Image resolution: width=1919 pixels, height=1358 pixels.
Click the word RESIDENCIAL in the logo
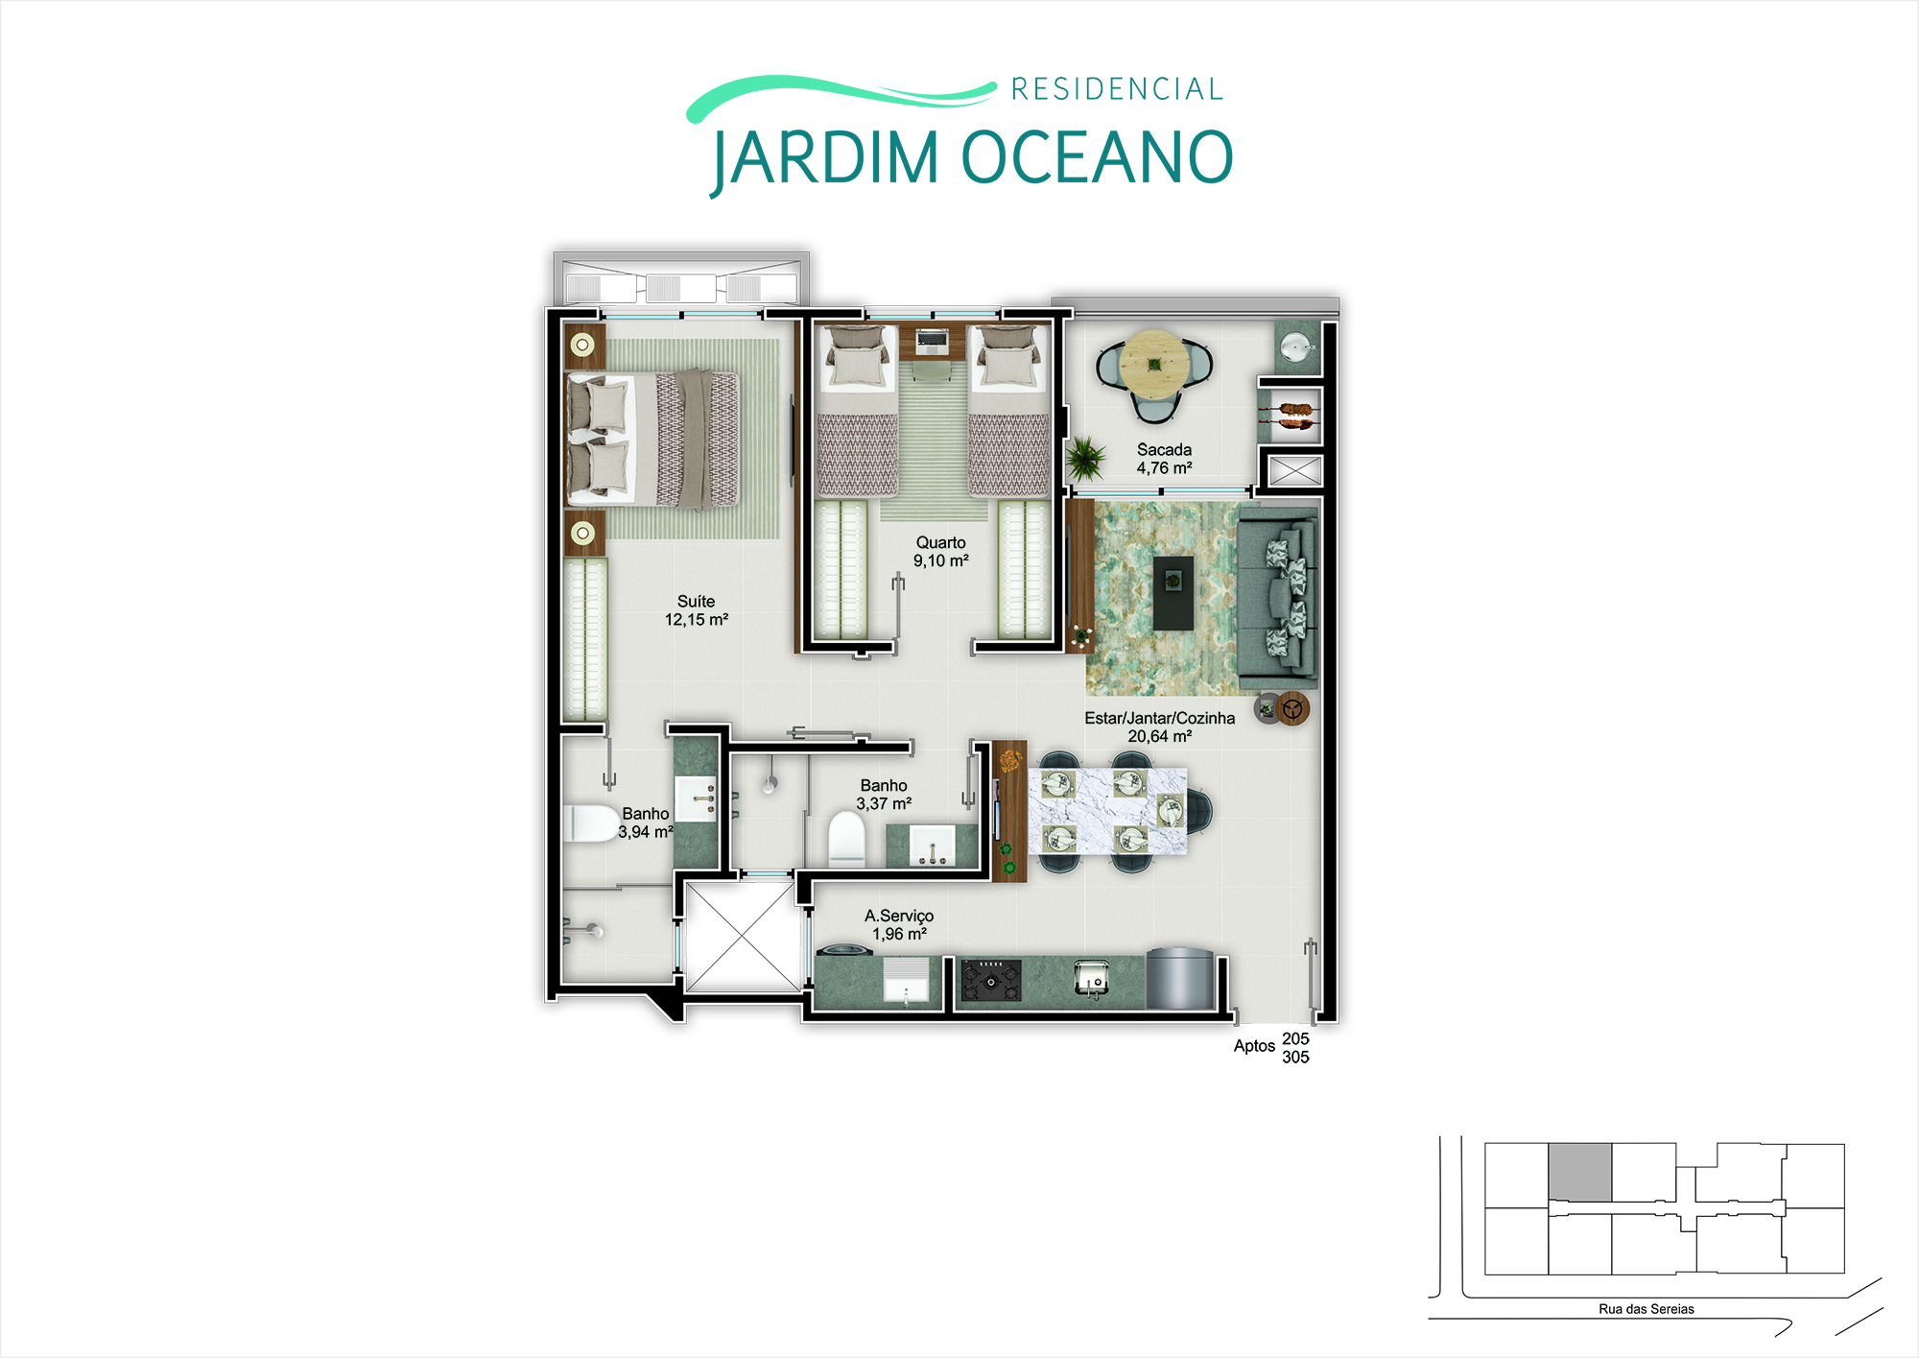click(x=1117, y=89)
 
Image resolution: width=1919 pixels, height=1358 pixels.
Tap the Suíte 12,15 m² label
click(x=697, y=610)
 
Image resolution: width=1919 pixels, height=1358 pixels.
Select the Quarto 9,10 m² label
click(x=940, y=552)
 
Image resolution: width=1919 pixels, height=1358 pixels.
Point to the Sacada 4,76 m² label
click(x=1164, y=459)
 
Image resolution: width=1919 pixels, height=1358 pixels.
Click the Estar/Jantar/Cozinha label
click(x=1159, y=718)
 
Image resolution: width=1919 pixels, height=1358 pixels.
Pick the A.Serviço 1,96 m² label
click(x=899, y=925)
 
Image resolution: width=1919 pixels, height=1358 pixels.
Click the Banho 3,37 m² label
click(x=884, y=795)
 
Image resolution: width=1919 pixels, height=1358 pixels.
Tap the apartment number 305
click(x=1295, y=1058)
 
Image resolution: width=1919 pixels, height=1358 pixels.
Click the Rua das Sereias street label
click(x=1647, y=1309)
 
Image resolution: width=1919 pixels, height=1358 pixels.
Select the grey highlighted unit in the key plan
click(x=1580, y=1172)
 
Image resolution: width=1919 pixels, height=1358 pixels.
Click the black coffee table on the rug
click(x=1173, y=593)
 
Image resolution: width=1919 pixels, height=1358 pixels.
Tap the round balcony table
click(x=1155, y=365)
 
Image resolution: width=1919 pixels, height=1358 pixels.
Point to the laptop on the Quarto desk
click(x=932, y=340)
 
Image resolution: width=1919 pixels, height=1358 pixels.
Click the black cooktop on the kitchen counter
click(x=991, y=981)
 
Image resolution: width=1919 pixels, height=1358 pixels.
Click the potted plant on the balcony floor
click(x=1085, y=458)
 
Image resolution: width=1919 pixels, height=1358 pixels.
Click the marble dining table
click(x=1108, y=811)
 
